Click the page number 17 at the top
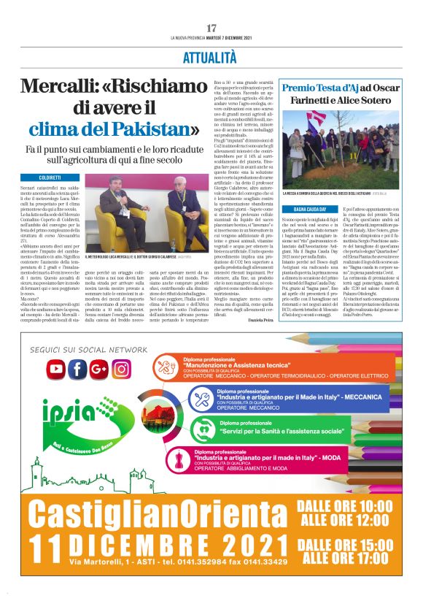(211, 28)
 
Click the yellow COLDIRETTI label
(50, 177)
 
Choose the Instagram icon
(121, 370)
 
